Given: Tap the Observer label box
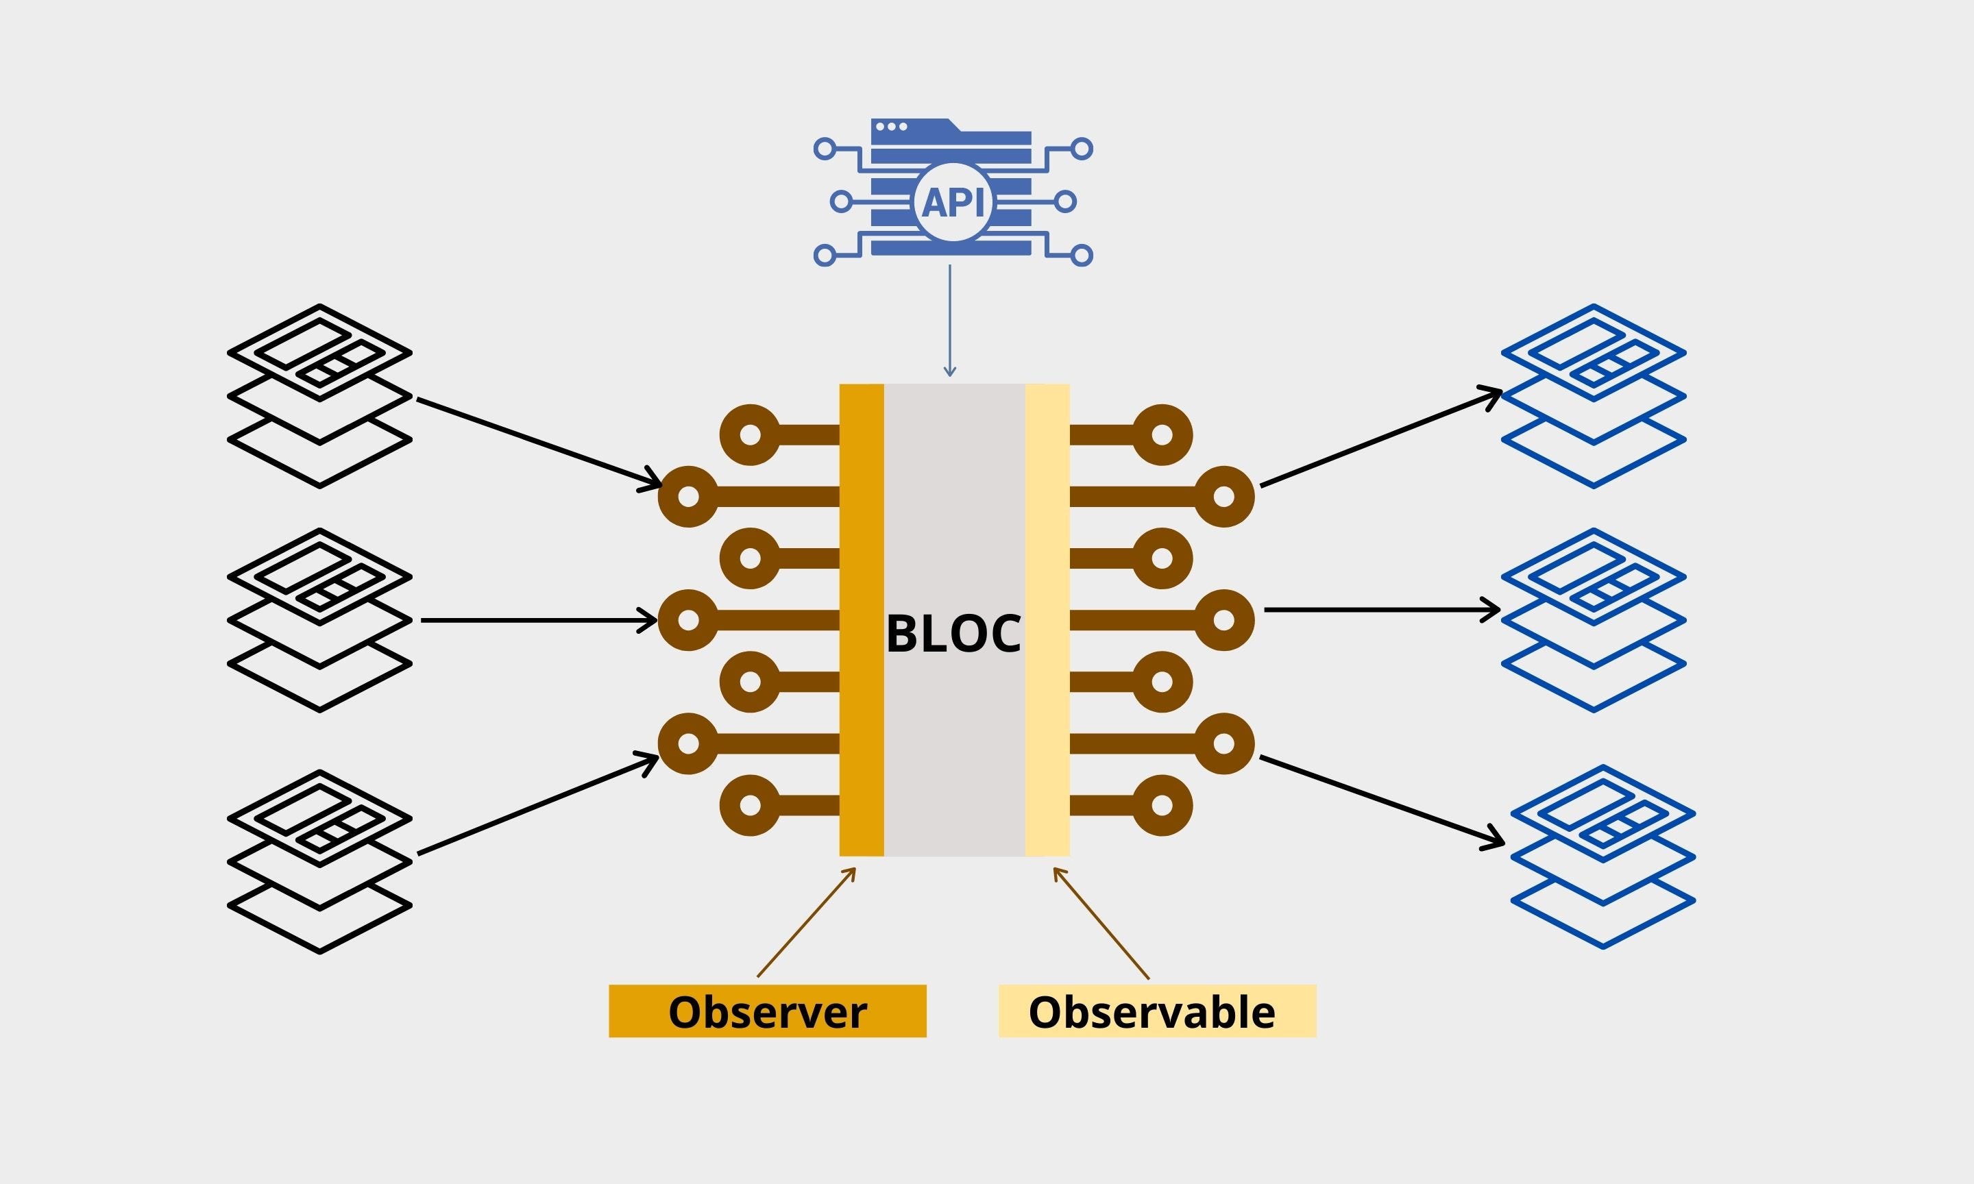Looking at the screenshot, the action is pyautogui.click(x=768, y=1011).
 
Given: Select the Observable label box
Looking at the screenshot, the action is pyautogui.click(x=1157, y=1011).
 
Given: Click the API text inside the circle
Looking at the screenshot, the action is pyautogui.click(x=953, y=202).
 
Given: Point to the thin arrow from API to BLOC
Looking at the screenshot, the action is pyautogui.click(x=949, y=321).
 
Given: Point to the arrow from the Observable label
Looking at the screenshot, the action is pyautogui.click(x=1101, y=923).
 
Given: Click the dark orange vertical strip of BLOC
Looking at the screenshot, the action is pyautogui.click(x=862, y=620).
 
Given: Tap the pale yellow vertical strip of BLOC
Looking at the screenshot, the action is pyautogui.click(x=1047, y=620).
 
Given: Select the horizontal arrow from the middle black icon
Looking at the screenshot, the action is pyautogui.click(x=539, y=620).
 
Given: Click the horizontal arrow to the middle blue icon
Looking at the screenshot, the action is pyautogui.click(x=1382, y=610).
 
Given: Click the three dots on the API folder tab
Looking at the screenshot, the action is pyautogui.click(x=891, y=127).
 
